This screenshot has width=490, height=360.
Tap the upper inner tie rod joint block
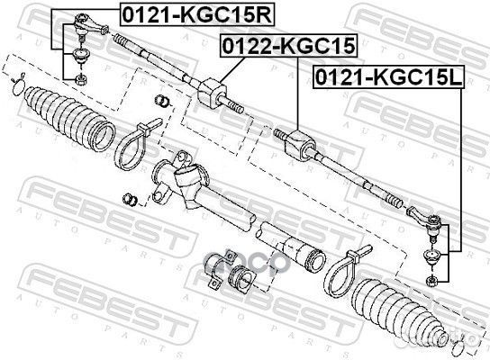212,93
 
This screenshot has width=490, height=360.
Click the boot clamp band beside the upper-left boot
128,146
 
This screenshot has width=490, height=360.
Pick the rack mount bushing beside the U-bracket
241,277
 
